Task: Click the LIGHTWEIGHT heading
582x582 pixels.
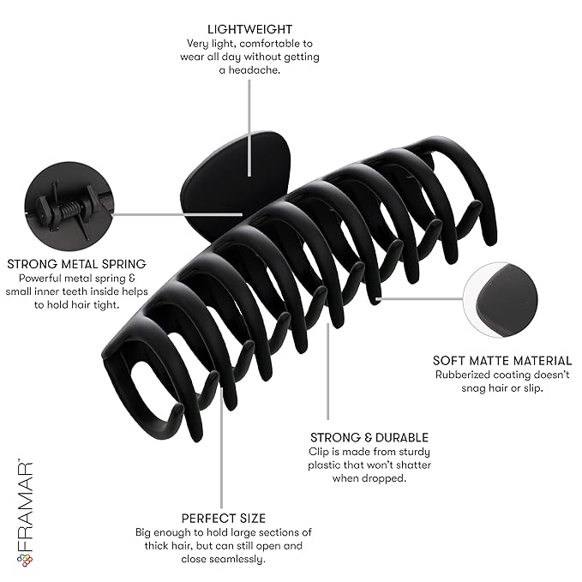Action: point(249,29)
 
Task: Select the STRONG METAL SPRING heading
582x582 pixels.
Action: point(77,264)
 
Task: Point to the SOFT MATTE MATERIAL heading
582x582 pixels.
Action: point(502,361)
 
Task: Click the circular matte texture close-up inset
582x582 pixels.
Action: point(501,300)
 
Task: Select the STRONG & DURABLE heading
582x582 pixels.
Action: point(369,438)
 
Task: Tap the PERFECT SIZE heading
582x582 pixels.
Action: point(224,519)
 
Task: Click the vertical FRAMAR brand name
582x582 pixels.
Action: point(25,507)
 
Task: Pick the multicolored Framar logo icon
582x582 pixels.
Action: point(25,561)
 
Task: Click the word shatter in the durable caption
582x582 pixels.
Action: point(414,465)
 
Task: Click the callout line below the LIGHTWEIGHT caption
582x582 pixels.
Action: point(249,128)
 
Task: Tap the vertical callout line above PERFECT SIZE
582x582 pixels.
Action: point(222,447)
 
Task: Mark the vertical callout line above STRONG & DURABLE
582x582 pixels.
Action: point(327,371)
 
